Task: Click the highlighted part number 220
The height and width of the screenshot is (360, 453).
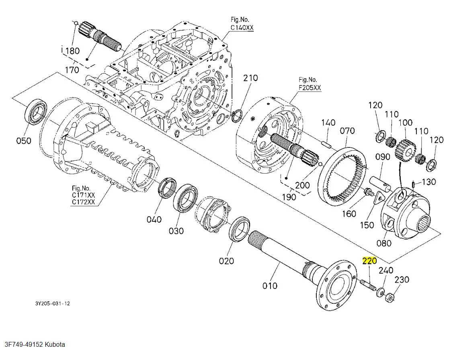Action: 370,261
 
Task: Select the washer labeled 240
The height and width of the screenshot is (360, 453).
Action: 379,292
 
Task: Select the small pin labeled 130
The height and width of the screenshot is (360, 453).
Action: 414,184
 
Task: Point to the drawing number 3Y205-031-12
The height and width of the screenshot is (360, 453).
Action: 52,304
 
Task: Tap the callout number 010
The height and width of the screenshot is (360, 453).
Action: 270,286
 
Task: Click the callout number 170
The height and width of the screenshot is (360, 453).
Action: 72,70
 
